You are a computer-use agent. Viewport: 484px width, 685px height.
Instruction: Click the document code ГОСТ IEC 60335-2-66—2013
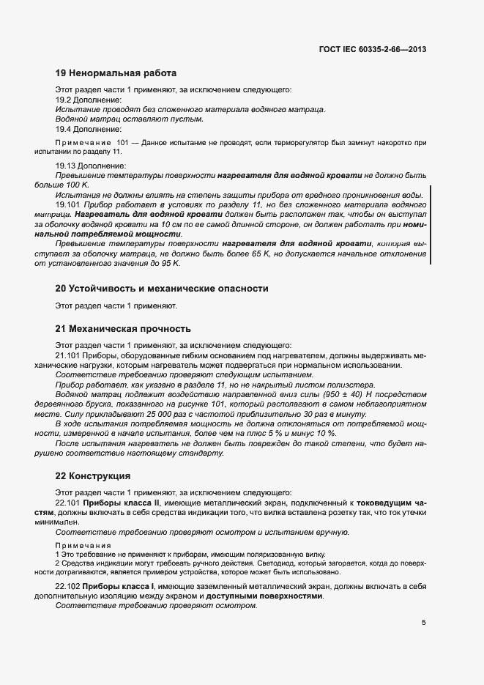[373, 49]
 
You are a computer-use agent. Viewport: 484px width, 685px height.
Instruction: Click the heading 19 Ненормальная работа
[116, 73]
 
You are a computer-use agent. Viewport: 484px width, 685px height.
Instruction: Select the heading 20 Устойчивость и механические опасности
[162, 289]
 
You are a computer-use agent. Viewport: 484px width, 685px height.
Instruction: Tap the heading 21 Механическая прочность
[123, 328]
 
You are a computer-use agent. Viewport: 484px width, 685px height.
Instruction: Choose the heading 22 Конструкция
[93, 475]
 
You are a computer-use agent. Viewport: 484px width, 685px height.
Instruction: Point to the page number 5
[423, 623]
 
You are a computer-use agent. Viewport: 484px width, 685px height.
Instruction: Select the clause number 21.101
[67, 355]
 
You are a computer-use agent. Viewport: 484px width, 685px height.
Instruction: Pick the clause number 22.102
[67, 587]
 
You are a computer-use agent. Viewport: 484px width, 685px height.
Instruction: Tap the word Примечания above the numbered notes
[83, 546]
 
